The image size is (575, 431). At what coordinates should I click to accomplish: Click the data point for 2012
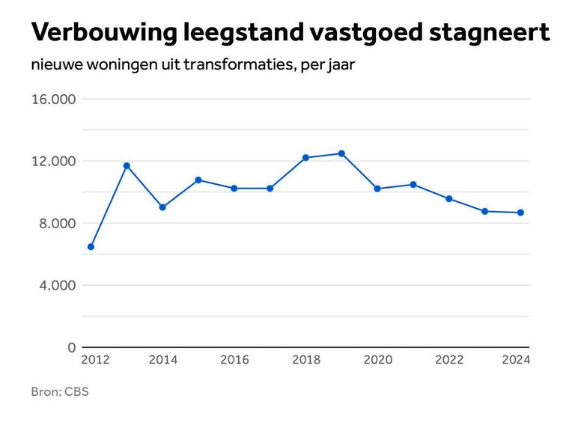tap(91, 246)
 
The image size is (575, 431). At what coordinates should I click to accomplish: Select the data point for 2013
tap(127, 165)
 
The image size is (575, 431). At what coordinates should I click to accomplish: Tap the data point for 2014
tap(162, 207)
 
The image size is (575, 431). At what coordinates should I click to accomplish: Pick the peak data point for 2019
tap(341, 153)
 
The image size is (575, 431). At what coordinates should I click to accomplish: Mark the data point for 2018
tap(305, 158)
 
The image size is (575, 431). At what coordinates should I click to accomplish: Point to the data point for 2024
tap(520, 213)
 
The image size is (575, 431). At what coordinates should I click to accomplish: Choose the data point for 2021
tap(413, 184)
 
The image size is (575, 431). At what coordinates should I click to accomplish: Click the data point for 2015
tap(198, 180)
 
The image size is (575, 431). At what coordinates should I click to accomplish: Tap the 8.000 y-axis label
tap(55, 224)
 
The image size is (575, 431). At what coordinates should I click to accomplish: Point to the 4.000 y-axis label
tap(55, 286)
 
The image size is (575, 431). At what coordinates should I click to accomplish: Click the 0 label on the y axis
tap(71, 348)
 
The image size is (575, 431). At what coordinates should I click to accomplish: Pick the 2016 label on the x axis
tap(234, 360)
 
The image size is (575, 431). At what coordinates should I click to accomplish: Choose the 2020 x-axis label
tap(377, 360)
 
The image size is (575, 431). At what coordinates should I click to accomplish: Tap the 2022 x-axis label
tap(449, 360)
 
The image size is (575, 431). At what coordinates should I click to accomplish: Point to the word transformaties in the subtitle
tap(244, 65)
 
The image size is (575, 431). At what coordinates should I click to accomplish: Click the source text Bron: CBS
tap(60, 391)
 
